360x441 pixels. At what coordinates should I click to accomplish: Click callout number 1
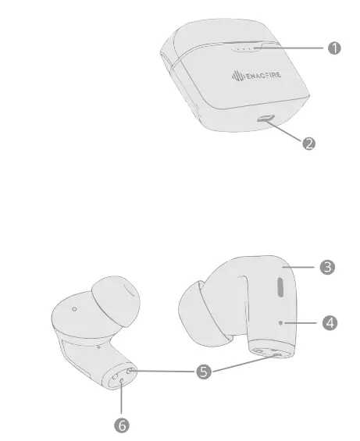point(335,48)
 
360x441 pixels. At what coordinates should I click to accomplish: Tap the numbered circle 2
point(310,144)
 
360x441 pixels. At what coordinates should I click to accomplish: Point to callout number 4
point(330,322)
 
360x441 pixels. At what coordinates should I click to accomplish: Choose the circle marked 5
point(204,372)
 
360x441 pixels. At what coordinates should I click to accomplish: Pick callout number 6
point(122,425)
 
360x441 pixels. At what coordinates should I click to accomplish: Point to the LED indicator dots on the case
point(243,48)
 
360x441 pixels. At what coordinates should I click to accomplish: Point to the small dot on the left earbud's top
point(74,309)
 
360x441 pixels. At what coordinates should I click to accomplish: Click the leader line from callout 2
point(289,132)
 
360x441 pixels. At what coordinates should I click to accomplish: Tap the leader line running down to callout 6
point(121,402)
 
